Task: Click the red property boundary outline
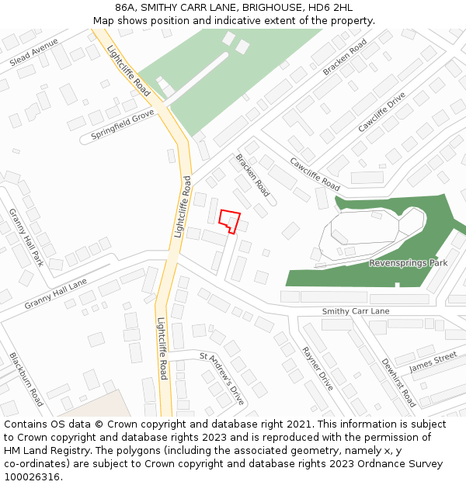(229, 220)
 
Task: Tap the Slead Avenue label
(34, 52)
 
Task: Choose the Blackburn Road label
(26, 379)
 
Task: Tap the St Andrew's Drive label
(222, 379)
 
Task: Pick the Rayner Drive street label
(317, 368)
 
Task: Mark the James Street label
(433, 362)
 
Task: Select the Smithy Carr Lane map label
(356, 311)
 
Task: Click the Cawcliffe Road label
(315, 174)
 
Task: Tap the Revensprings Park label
(408, 263)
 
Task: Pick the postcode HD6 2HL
(330, 8)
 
